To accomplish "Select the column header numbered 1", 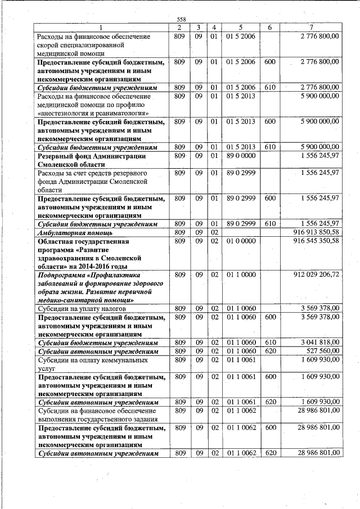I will pyautogui.click(x=101, y=28).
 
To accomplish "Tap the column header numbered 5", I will pyautogui.click(x=240, y=28).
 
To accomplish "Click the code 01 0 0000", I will pyautogui.click(x=241, y=241).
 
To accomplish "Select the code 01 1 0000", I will pyautogui.click(x=241, y=274).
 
